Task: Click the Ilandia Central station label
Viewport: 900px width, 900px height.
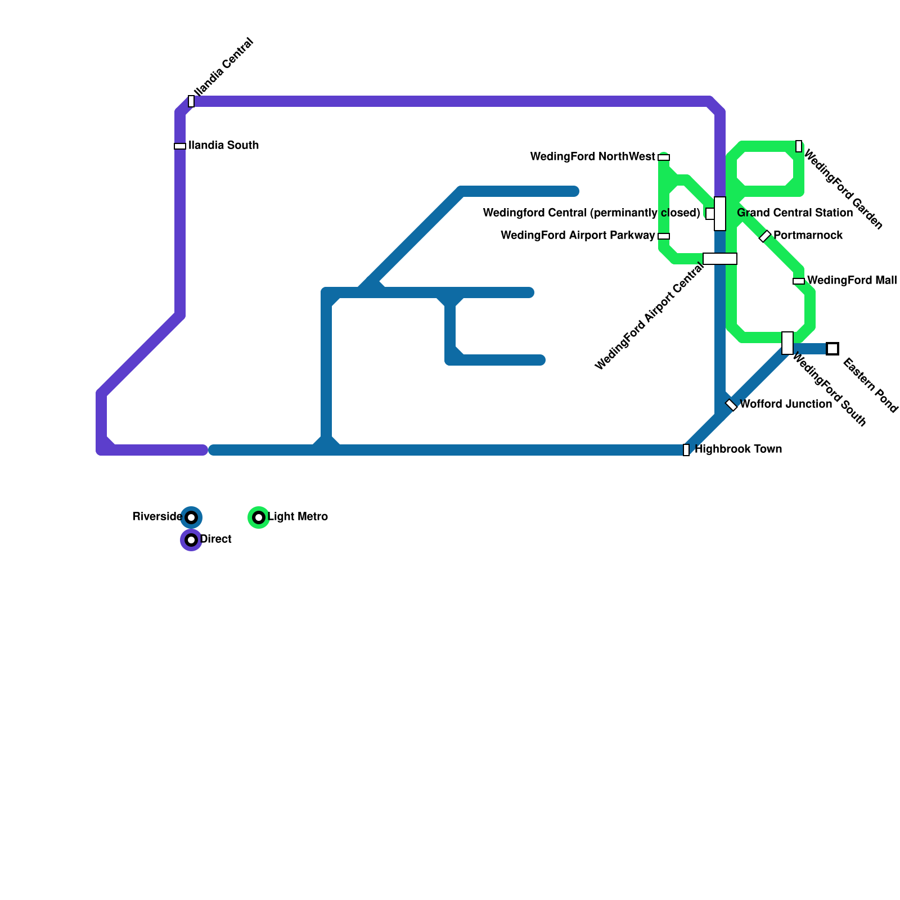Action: (x=223, y=67)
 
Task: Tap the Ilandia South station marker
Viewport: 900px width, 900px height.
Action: (x=180, y=146)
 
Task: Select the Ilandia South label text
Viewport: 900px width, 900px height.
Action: (x=224, y=146)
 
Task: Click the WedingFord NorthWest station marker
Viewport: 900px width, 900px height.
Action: (x=664, y=157)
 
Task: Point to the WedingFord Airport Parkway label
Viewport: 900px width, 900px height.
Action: (x=578, y=236)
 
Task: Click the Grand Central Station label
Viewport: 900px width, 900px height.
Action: (x=795, y=213)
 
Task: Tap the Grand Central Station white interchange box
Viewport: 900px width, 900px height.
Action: (x=720, y=214)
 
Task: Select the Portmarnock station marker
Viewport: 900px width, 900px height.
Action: (x=765, y=236)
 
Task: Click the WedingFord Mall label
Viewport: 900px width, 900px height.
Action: (x=852, y=281)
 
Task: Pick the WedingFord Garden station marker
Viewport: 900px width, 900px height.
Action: (x=799, y=146)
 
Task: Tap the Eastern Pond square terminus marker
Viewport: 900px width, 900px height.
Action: (x=832, y=349)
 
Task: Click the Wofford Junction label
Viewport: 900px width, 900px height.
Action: (x=785, y=404)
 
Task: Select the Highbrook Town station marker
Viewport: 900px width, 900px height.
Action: (x=686, y=450)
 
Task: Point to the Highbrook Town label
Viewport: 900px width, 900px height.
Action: (x=738, y=449)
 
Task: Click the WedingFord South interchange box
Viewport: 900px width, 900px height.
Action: (x=787, y=343)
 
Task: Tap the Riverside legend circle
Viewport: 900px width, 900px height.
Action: (x=191, y=517)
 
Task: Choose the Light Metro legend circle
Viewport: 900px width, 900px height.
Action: (x=259, y=517)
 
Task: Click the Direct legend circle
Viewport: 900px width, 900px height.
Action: (x=191, y=540)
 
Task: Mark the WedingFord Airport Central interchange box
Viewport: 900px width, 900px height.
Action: (x=720, y=259)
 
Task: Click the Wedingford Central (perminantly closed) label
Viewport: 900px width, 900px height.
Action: (x=591, y=213)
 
